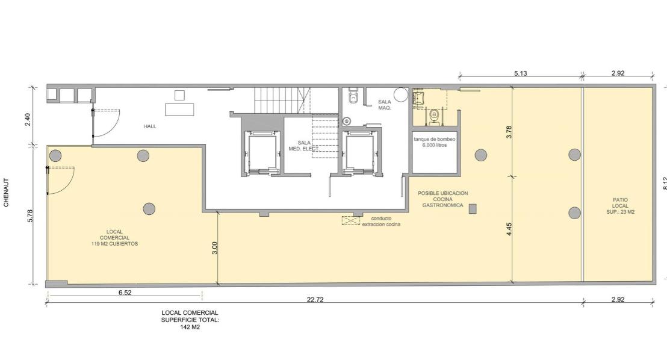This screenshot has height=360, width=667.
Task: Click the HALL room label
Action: (150, 126)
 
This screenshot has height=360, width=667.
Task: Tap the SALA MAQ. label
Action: (385, 105)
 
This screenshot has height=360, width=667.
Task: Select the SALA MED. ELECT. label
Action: (304, 146)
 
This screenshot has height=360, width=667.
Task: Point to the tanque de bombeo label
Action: (434, 139)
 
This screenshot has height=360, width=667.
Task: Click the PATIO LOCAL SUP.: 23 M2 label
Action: (620, 205)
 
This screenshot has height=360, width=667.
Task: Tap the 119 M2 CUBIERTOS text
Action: (114, 244)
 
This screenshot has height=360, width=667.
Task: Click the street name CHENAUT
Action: (6, 192)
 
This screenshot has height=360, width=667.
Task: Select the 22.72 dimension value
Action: (315, 299)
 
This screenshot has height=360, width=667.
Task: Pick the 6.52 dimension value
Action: (125, 293)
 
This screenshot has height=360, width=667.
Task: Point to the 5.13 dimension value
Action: (520, 73)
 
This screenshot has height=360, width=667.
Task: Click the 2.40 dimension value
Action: (27, 119)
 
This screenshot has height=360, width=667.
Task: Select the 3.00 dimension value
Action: (215, 247)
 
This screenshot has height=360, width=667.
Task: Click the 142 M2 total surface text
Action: (190, 327)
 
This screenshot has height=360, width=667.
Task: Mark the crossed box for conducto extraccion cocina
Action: (351, 220)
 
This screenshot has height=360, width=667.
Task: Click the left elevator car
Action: (262, 152)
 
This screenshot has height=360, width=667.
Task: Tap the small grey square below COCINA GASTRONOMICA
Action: (473, 208)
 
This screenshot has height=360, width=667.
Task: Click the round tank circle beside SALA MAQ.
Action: (401, 95)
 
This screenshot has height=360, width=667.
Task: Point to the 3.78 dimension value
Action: (509, 131)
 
